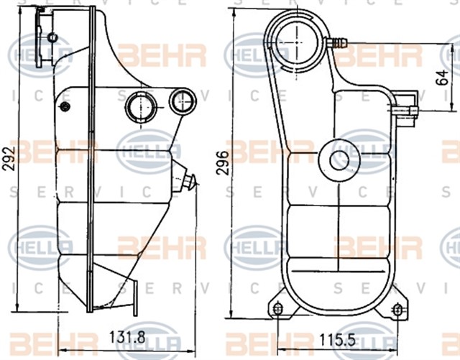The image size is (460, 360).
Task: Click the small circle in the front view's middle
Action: [339, 159]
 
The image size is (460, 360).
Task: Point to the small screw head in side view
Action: [65, 107]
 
